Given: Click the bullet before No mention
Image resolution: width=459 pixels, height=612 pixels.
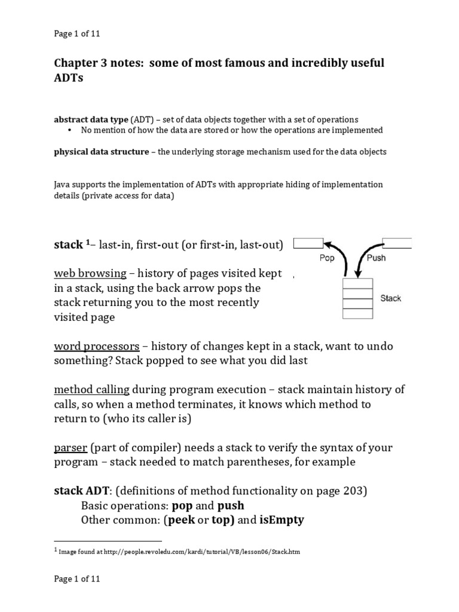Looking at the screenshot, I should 70,130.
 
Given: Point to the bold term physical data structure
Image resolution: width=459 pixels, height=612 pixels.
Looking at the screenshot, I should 102,152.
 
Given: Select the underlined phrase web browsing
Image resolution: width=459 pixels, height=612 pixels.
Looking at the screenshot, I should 90,273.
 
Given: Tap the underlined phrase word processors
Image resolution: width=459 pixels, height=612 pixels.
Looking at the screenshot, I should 97,346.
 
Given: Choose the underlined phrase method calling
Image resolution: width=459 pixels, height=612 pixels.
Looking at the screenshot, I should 92,390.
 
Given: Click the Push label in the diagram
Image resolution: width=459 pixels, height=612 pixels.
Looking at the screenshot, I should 375,258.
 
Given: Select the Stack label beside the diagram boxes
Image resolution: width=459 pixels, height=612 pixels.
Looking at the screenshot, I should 391,298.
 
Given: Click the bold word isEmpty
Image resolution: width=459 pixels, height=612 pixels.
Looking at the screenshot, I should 281,520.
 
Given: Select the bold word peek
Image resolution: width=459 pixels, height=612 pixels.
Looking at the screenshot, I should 181,520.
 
